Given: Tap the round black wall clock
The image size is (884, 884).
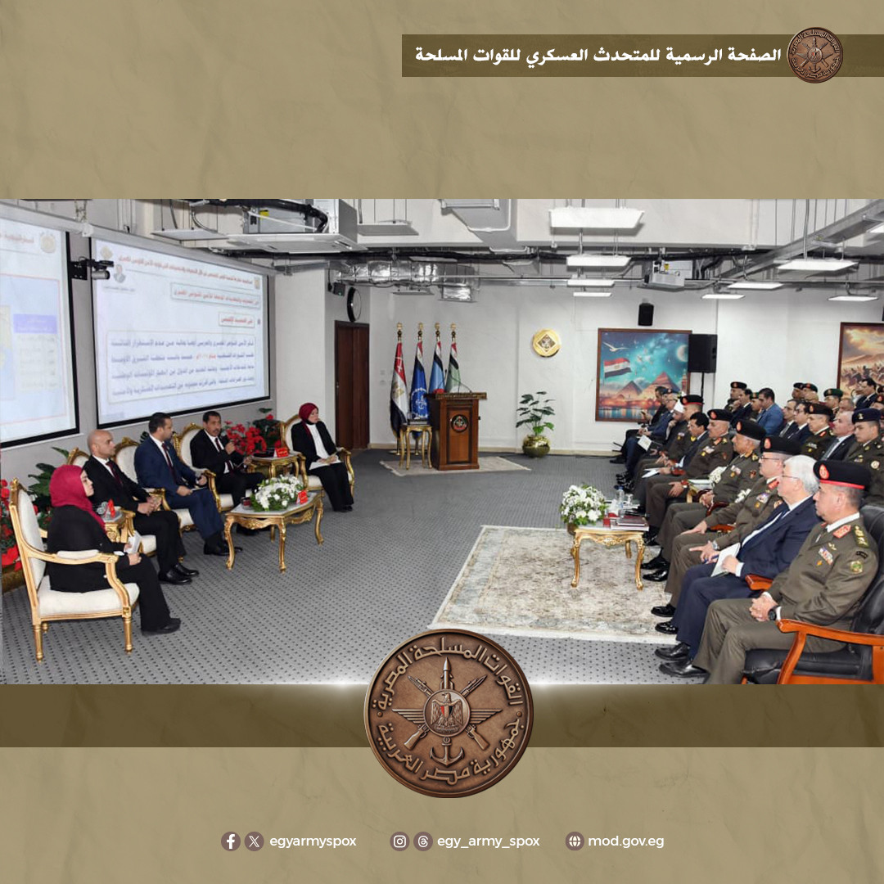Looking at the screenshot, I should coord(354,304).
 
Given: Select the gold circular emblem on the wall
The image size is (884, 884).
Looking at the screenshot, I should coord(546,342).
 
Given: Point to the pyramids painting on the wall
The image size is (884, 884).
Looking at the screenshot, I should coord(643,374).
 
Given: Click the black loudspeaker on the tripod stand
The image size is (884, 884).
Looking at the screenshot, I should coord(701,353).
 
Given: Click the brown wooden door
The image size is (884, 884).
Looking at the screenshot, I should coord(351,384).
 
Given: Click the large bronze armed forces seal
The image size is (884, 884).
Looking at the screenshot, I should coord(449,713).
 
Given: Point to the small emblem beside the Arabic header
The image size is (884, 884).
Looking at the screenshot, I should coord(814,55).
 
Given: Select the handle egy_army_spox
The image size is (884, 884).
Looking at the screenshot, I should coord(488,841).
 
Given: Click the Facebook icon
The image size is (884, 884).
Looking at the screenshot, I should coord(230,841).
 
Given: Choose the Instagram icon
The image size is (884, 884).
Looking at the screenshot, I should coord(399,841).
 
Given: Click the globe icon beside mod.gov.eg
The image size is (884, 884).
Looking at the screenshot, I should coord(575,841).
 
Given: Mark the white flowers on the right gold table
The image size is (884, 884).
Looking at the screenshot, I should coord(583,504).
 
